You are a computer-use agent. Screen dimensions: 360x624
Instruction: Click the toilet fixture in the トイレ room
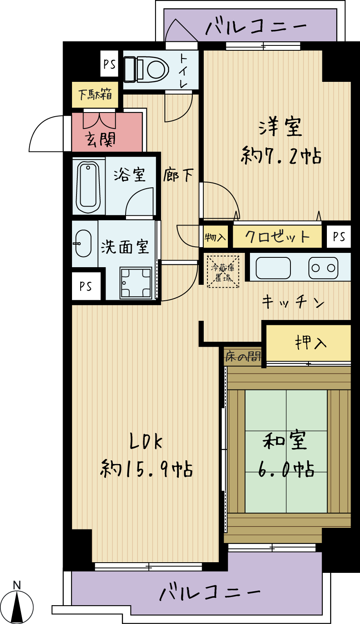tap(146, 69)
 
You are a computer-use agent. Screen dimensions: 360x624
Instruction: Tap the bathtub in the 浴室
tap(88, 186)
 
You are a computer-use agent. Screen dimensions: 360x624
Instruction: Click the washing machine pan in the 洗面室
tap(136, 283)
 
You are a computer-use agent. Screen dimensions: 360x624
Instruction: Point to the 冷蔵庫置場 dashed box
tap(223, 272)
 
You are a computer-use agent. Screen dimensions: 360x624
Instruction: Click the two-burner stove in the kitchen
tap(323, 268)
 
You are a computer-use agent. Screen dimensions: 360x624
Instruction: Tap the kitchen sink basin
tap(273, 268)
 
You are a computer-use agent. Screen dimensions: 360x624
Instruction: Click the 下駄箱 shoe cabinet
tap(95, 95)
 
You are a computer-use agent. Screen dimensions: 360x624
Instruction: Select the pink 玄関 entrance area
tap(107, 132)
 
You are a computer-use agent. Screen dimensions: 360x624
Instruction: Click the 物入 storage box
tap(216, 237)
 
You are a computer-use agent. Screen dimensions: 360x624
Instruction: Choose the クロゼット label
tap(277, 237)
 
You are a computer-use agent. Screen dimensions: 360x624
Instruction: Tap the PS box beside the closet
tap(339, 237)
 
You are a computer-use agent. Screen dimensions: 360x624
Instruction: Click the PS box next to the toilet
tap(109, 64)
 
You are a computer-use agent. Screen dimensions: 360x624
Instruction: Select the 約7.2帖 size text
tap(281, 156)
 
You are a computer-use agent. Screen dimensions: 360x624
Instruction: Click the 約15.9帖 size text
tap(146, 469)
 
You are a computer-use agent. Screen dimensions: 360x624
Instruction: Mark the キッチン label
tap(293, 302)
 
